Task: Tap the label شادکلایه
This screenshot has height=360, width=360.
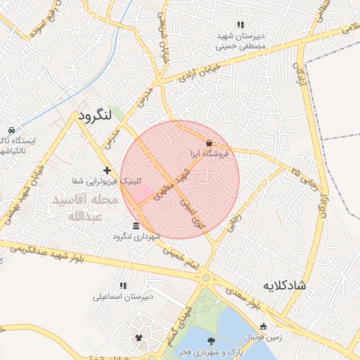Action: (x=284, y=285)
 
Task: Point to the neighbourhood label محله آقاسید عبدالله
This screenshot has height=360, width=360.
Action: (x=83, y=208)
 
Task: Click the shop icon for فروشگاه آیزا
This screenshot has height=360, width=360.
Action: (x=210, y=143)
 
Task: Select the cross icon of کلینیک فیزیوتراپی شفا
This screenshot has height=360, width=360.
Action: (x=107, y=170)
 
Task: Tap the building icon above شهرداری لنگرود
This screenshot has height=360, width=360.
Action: (x=136, y=226)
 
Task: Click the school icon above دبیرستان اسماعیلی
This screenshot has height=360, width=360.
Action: (x=123, y=286)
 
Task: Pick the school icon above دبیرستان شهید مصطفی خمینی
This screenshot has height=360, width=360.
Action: (x=241, y=25)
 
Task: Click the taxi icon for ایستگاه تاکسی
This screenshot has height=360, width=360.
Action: (x=12, y=130)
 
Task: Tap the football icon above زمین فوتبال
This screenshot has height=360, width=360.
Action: (x=263, y=326)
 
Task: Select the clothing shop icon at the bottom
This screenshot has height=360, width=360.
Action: (x=139, y=338)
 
